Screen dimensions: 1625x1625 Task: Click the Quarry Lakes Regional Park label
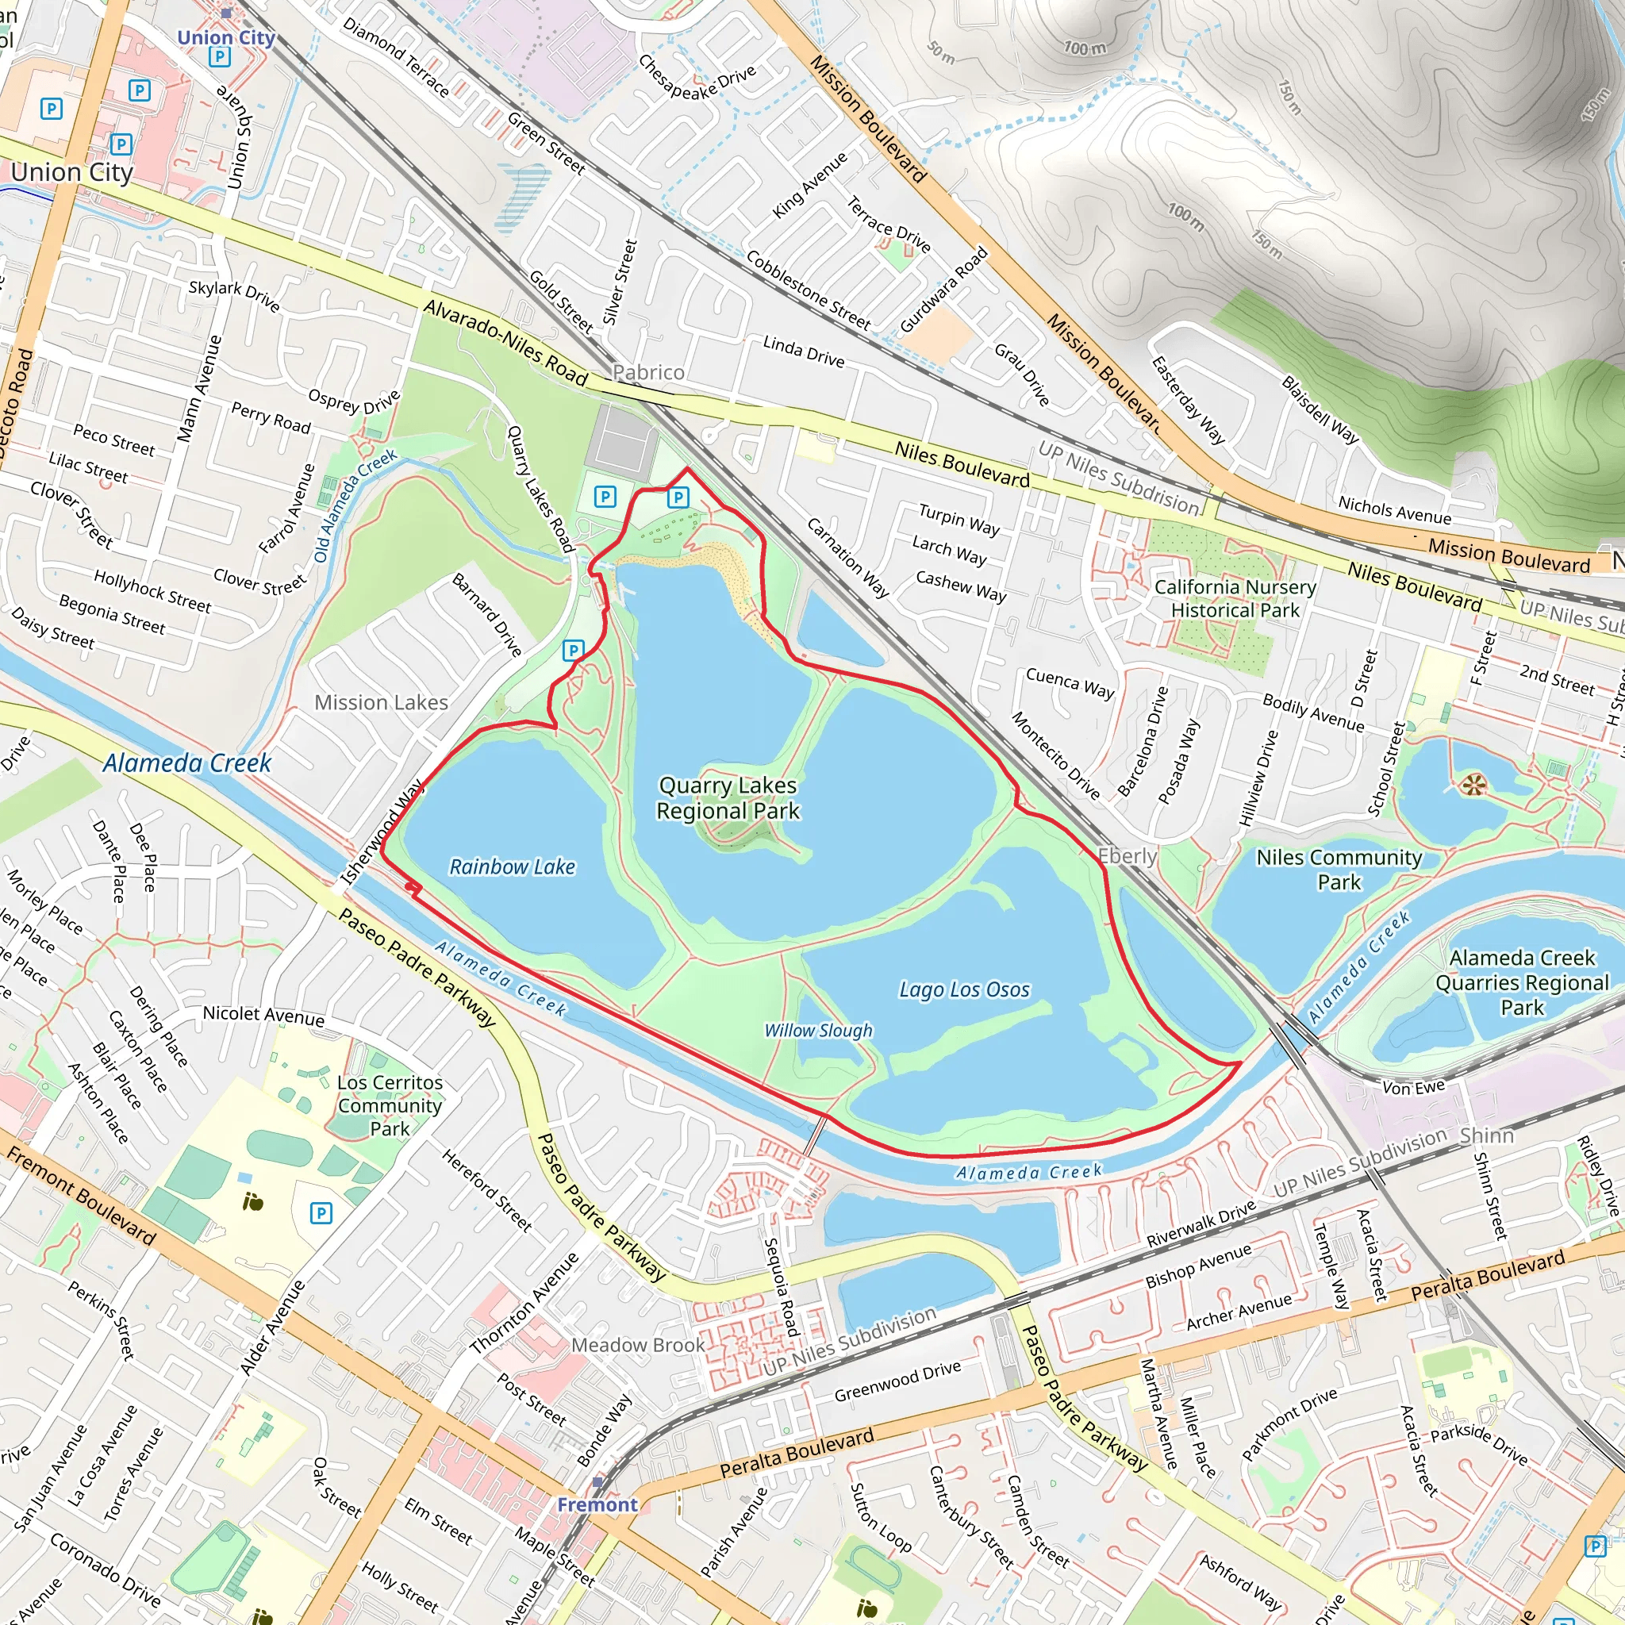point(728,797)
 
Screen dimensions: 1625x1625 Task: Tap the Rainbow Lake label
point(513,866)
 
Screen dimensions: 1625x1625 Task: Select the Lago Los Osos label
point(964,989)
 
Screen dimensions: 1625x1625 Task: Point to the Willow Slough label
point(817,1031)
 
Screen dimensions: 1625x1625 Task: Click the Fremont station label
point(597,1504)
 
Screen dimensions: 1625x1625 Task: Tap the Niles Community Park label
point(1339,869)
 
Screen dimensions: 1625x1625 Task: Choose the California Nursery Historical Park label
point(1235,598)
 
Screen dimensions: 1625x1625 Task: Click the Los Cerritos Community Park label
point(390,1105)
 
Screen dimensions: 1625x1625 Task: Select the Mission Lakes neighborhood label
point(381,702)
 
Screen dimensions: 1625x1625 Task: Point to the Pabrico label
point(647,372)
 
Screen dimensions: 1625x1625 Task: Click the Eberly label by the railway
point(1127,855)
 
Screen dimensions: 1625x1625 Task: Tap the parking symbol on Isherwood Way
point(573,649)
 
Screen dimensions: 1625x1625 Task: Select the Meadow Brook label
point(638,1345)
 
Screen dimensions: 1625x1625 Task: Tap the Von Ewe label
point(1413,1088)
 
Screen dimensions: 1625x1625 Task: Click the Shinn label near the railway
point(1486,1135)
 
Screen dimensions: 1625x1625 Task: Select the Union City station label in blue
point(225,38)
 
